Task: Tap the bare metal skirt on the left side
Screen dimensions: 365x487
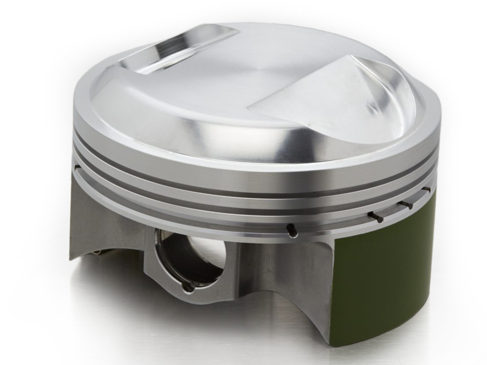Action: coord(103,219)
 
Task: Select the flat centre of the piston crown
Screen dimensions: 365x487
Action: coord(243,85)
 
